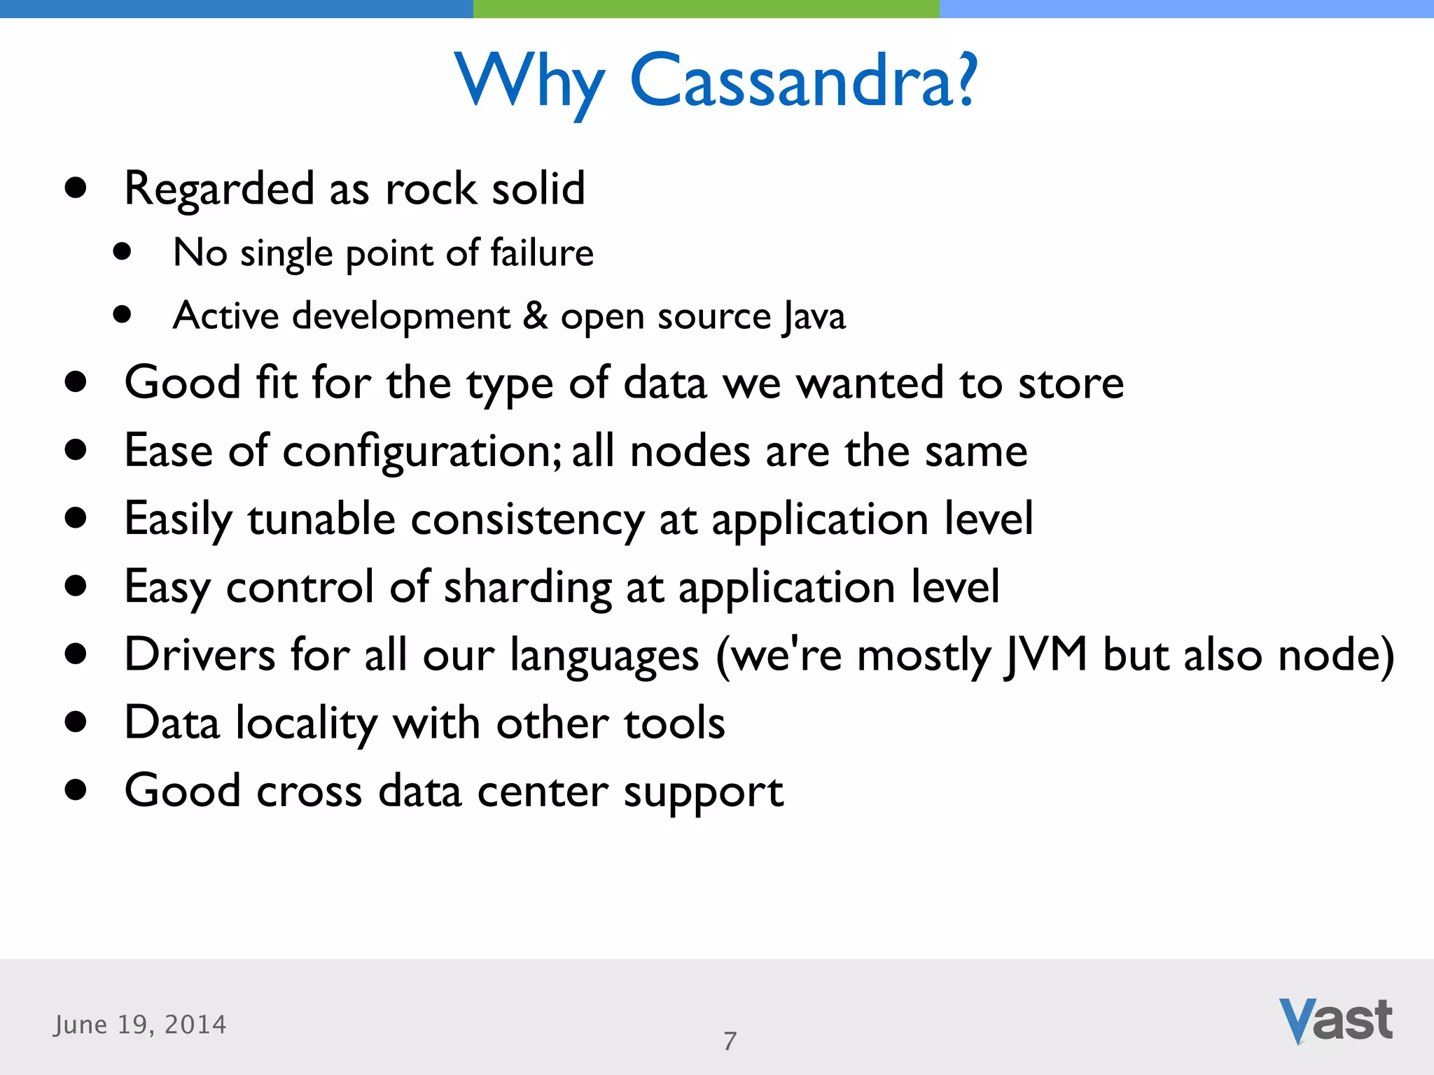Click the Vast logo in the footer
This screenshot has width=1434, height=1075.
click(x=1335, y=1020)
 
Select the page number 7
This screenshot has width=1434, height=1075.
click(x=730, y=1041)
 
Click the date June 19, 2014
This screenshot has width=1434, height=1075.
click(x=140, y=1025)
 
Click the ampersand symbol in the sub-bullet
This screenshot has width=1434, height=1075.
click(x=535, y=315)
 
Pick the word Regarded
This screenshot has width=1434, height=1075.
click(x=219, y=189)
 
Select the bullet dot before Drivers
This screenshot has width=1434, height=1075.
click(x=75, y=654)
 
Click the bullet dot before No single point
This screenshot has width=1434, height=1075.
click(x=123, y=252)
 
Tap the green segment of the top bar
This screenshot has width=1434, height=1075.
click(x=706, y=8)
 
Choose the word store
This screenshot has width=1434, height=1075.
click(x=1071, y=384)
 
